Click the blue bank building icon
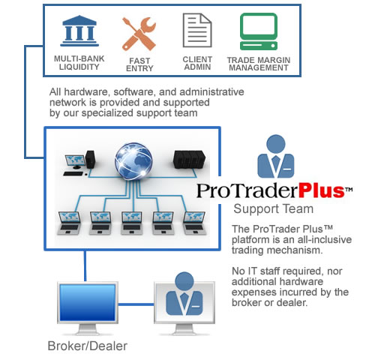(79, 31)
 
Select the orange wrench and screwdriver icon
(139, 34)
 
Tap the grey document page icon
(197, 30)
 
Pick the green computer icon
(259, 31)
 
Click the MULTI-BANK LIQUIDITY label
(79, 63)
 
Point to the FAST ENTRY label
(139, 64)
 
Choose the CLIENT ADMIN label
(197, 63)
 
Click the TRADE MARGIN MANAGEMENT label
(259, 64)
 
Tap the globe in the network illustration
(133, 160)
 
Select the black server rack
(189, 159)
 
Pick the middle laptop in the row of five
(132, 223)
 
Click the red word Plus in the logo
(322, 190)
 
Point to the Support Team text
(273, 208)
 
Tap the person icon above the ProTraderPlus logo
(276, 157)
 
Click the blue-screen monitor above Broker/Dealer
(88, 308)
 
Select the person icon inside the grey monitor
(184, 294)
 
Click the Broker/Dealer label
(88, 346)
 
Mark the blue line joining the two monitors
(136, 304)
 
